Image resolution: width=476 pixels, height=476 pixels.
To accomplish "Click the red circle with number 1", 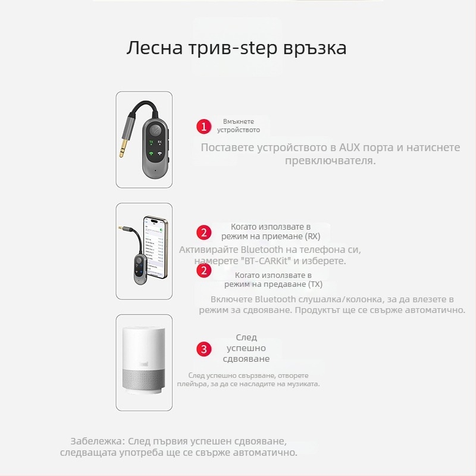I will [204, 126].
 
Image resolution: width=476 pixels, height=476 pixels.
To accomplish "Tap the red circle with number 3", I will [204, 349].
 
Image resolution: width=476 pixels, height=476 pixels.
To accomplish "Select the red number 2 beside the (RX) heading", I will [204, 232].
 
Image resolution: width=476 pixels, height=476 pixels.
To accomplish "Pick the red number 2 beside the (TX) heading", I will [204, 270].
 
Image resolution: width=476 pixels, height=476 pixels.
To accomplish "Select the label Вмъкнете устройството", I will [238, 126].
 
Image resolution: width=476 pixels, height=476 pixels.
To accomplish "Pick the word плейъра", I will [194, 384].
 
